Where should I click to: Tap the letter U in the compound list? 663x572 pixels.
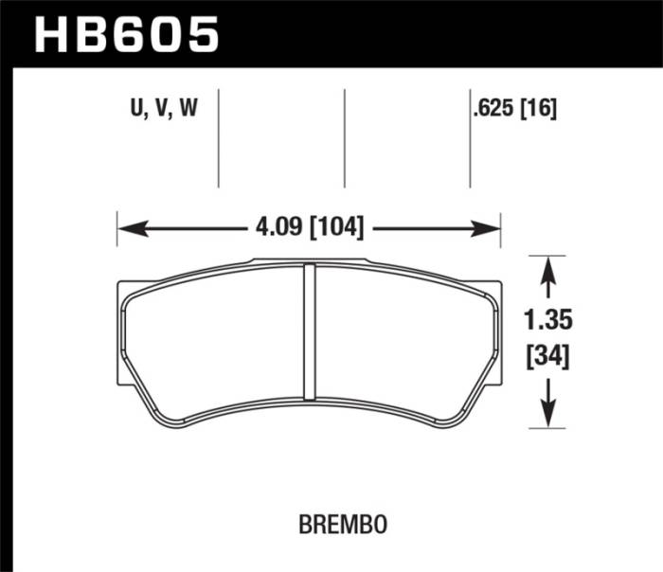(x=136, y=109)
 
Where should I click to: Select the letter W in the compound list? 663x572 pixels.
(x=187, y=109)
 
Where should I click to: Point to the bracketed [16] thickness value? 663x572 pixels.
(x=538, y=109)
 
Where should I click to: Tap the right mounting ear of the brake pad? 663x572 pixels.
(x=495, y=331)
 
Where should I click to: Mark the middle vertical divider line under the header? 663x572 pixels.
(x=345, y=138)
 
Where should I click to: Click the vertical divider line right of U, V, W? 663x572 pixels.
(x=219, y=138)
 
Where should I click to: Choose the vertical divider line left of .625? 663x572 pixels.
(x=470, y=138)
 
